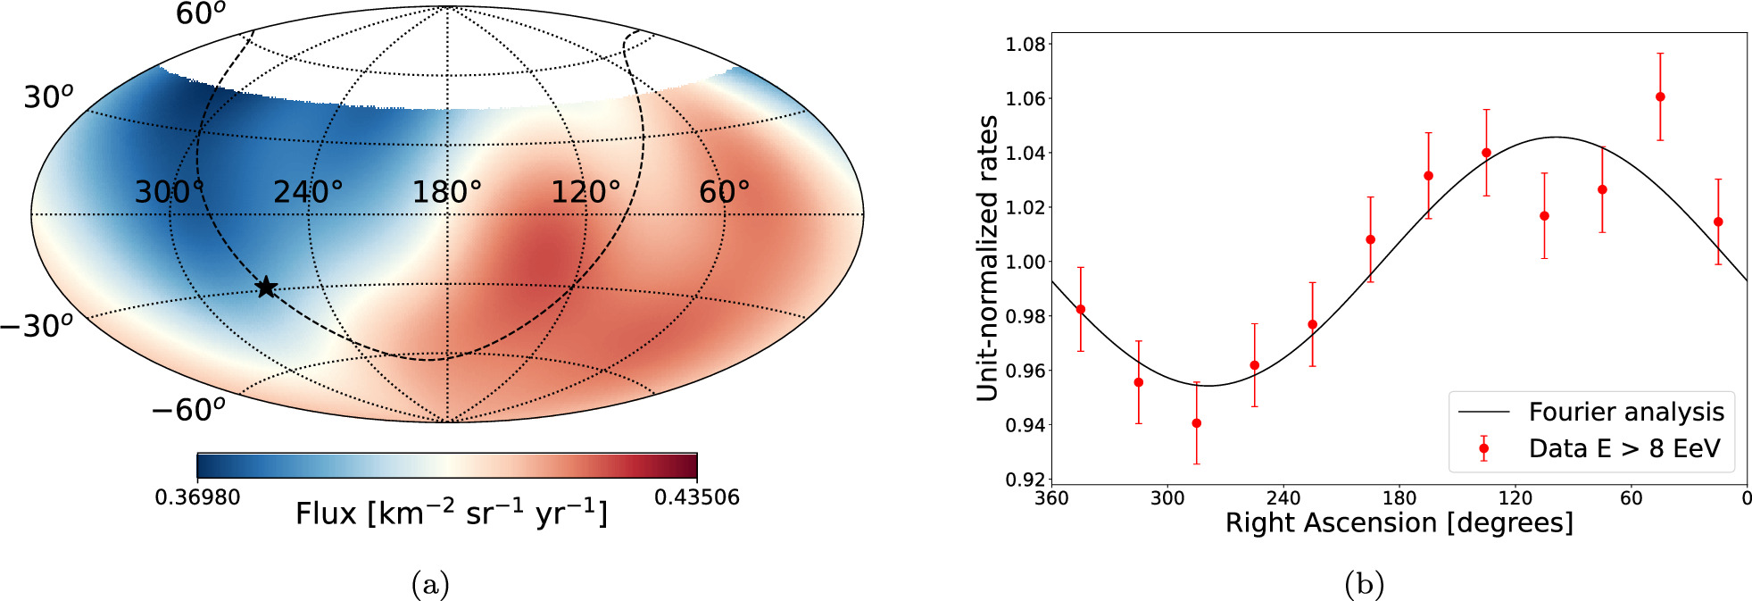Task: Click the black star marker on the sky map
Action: [x=266, y=288]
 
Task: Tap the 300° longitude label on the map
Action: [x=170, y=192]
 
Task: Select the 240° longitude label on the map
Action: [x=308, y=192]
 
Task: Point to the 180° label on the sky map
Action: [x=446, y=192]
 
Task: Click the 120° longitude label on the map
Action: [x=585, y=192]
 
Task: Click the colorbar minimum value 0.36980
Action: [x=197, y=497]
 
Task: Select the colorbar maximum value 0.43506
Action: [x=697, y=497]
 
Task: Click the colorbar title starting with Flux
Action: [x=452, y=514]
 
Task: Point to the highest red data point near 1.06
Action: [x=1660, y=96]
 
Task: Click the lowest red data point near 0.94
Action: [x=1196, y=423]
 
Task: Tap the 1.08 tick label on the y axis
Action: [x=1025, y=45]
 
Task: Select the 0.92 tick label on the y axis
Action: [x=1025, y=480]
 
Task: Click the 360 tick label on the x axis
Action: [x=1051, y=498]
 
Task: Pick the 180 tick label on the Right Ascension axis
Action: [x=1399, y=498]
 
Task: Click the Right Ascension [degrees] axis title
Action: [x=1399, y=523]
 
